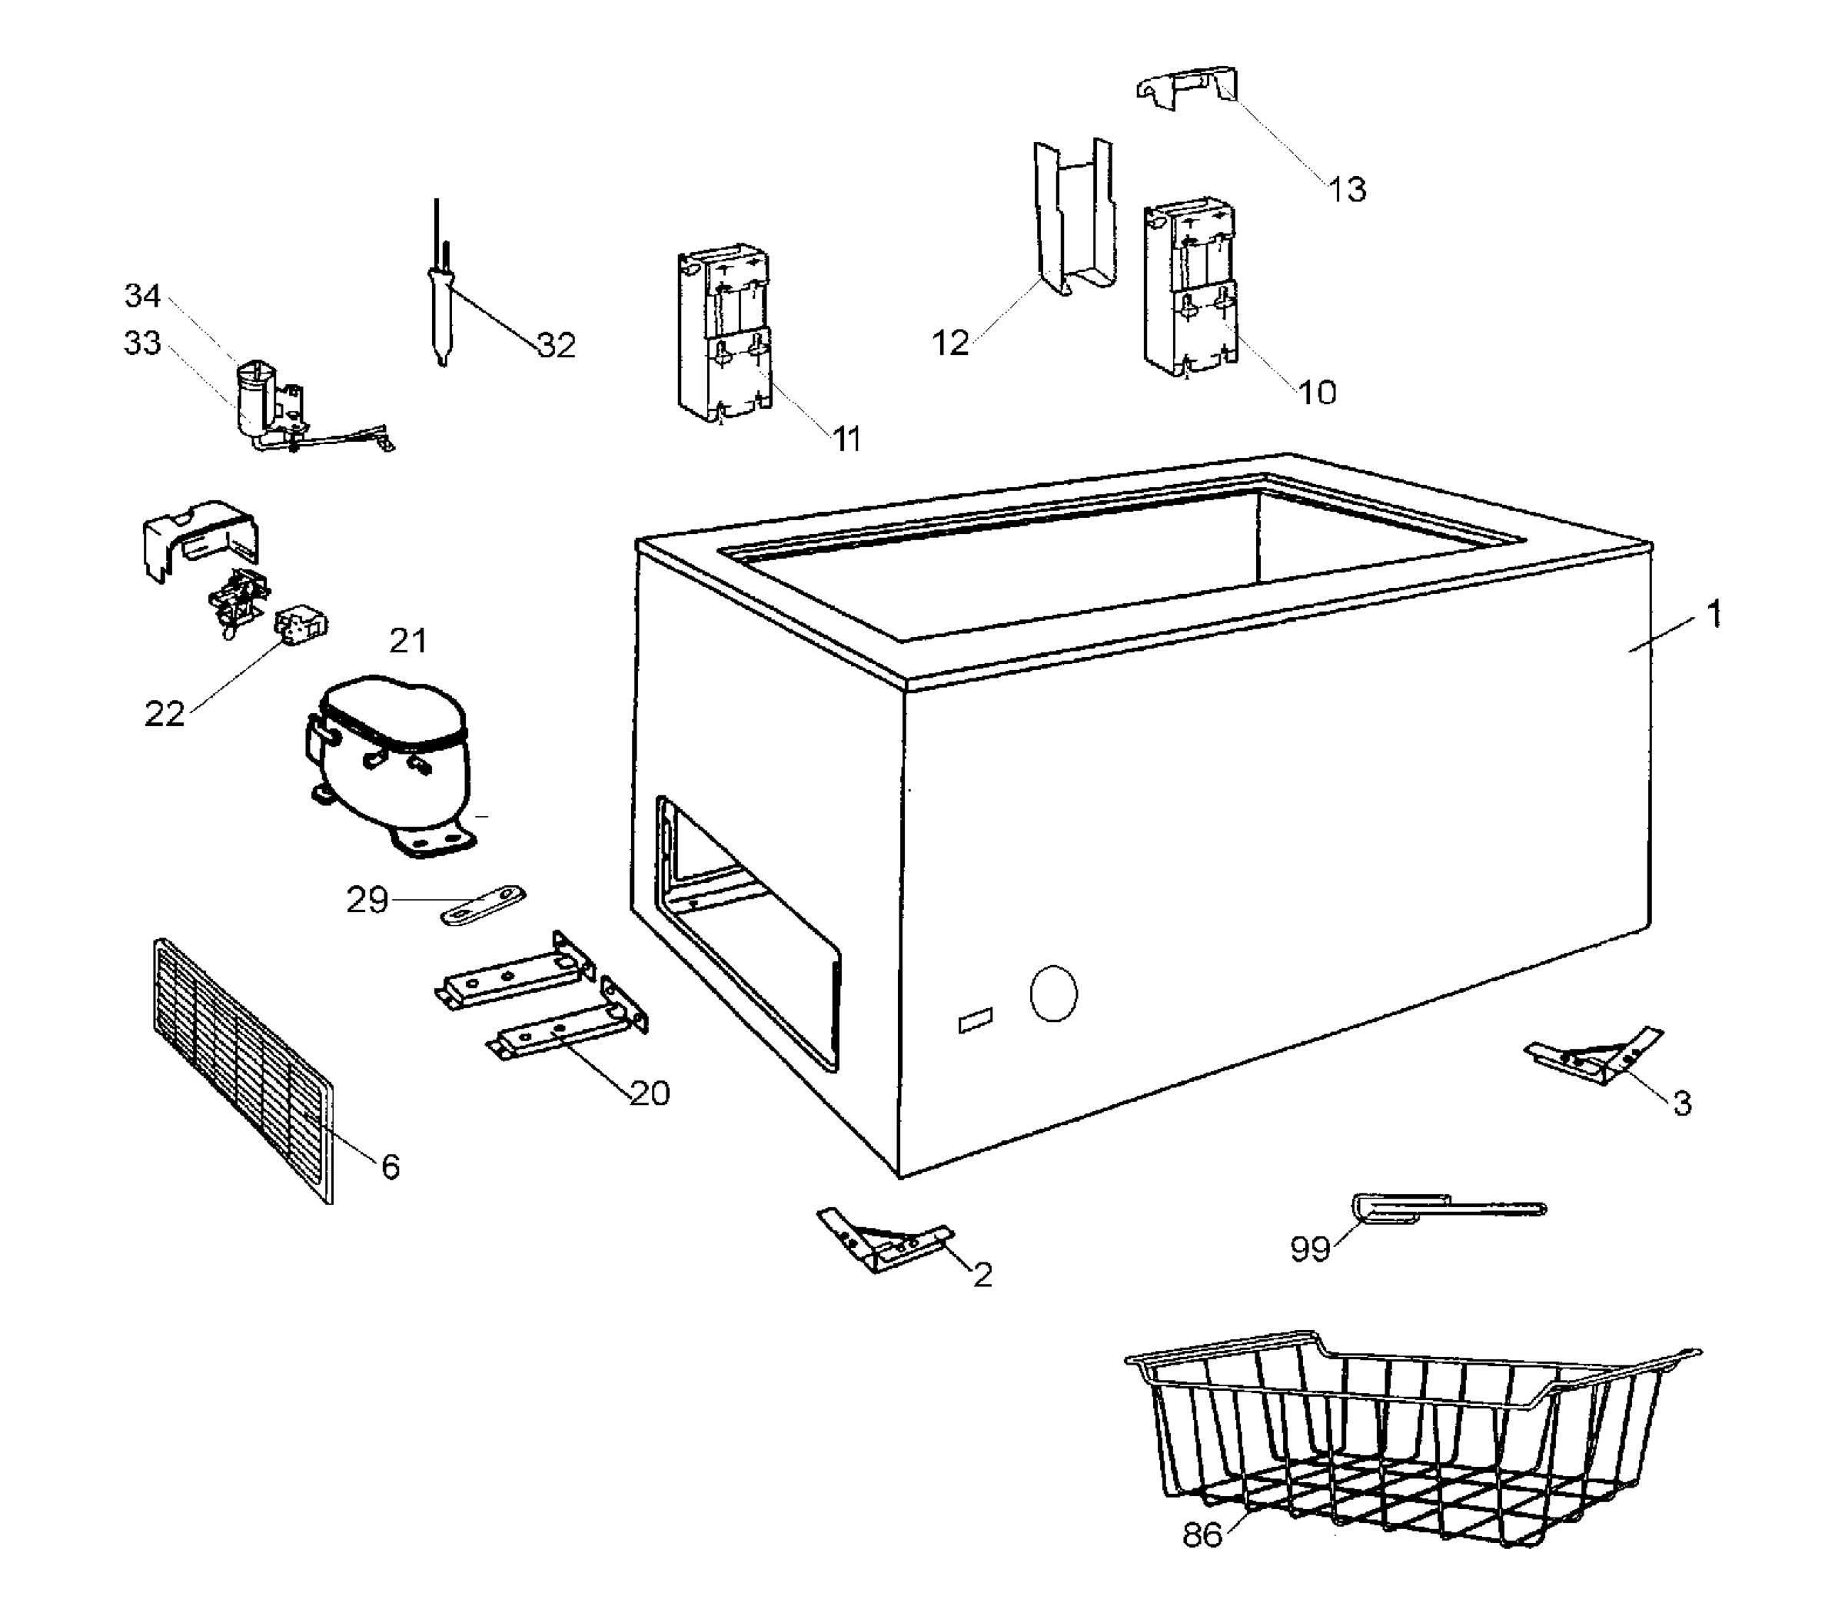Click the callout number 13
[x=1347, y=190]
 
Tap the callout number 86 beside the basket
[x=1202, y=1535]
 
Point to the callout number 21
[x=408, y=641]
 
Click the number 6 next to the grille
[x=390, y=1167]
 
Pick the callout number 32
[x=556, y=345]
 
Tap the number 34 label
[x=143, y=295]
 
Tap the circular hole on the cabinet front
[x=1053, y=994]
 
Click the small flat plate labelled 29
[x=483, y=905]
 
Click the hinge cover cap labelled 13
[x=1187, y=88]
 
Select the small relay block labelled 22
[x=301, y=622]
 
